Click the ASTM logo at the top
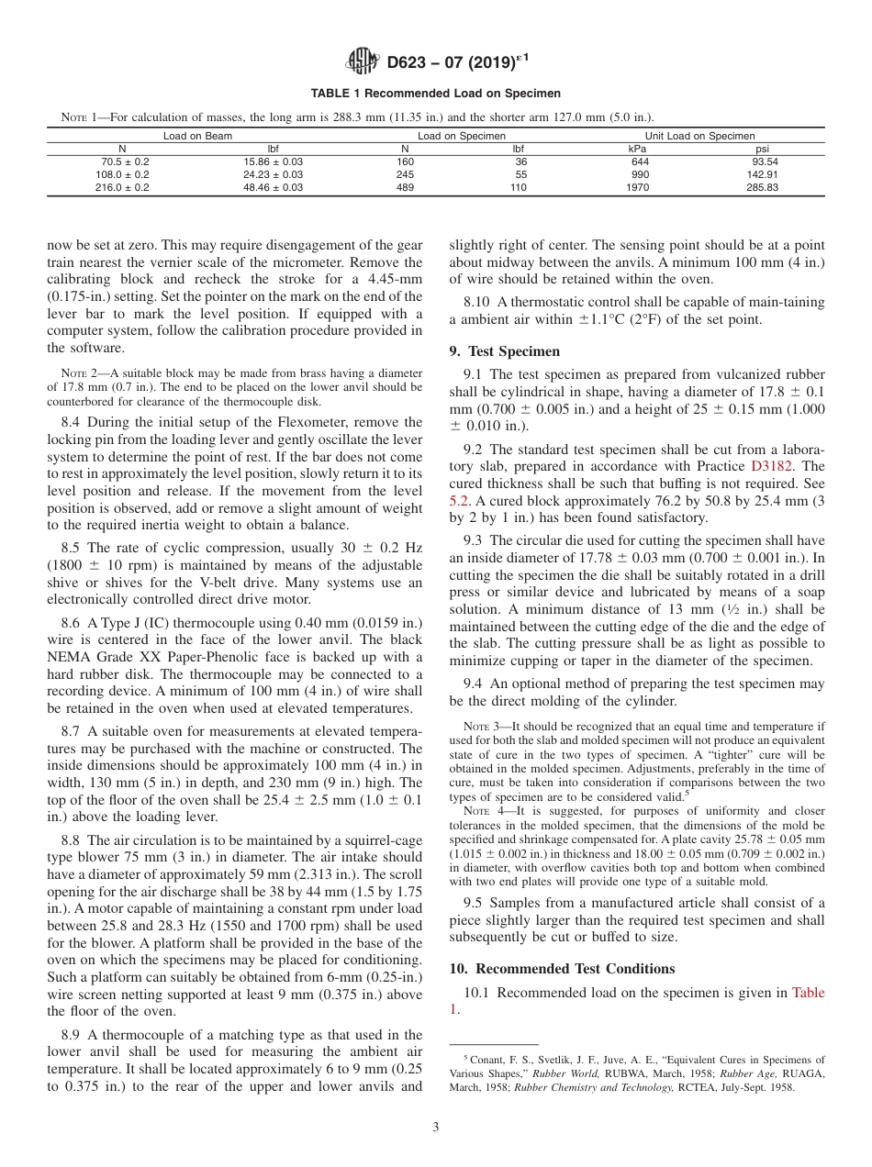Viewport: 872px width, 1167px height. click(363, 63)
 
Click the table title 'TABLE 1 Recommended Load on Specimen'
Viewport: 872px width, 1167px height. click(436, 94)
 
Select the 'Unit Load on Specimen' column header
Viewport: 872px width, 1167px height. click(699, 136)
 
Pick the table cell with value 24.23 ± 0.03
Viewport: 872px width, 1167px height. click(273, 174)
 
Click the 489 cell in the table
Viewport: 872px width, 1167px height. click(405, 187)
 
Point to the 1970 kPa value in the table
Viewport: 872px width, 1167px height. click(637, 187)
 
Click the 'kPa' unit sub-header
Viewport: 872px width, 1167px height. click(637, 149)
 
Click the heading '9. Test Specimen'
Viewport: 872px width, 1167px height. click(504, 351)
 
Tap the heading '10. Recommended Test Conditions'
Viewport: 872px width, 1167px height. click(562, 969)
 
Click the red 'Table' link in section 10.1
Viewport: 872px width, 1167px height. click(808, 993)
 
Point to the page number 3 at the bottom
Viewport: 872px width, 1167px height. click(435, 1128)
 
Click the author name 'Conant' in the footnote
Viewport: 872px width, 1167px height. click(486, 1060)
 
